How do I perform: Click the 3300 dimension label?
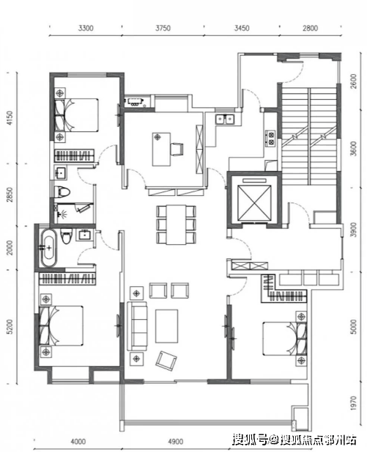tap(86, 28)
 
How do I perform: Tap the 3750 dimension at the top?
tap(163, 28)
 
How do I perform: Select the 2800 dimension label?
tap(310, 28)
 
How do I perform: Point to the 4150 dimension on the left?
tap(10, 118)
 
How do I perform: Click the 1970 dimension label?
tap(354, 403)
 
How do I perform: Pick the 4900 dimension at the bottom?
tap(176, 441)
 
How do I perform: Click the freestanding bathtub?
tap(49, 247)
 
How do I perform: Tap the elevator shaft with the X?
tap(254, 203)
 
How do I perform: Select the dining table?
tap(176, 225)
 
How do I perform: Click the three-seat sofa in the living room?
tap(137, 326)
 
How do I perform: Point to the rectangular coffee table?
tap(167, 326)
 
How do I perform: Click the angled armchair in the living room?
tap(166, 360)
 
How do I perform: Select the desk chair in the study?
tap(177, 150)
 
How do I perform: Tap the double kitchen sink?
tap(225, 119)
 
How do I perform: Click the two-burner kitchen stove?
tap(270, 138)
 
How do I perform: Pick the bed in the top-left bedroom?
tap(77, 115)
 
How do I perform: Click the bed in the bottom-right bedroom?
tap(284, 339)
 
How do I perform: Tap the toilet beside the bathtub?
tap(66, 236)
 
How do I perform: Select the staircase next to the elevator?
tap(309, 136)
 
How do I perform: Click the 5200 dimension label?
tap(10, 327)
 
